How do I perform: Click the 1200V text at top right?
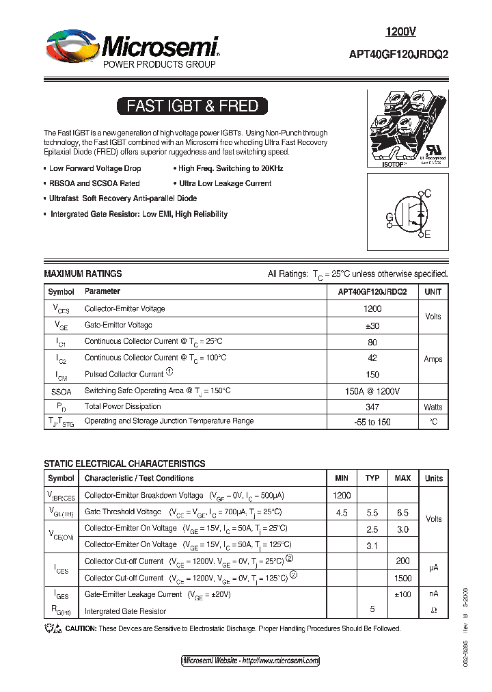pyautogui.click(x=400, y=31)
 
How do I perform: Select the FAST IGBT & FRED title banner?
pyautogui.click(x=192, y=106)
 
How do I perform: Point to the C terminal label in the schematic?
pyautogui.click(x=428, y=194)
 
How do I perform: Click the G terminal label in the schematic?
pyautogui.click(x=389, y=218)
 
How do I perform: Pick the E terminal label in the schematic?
pyautogui.click(x=428, y=235)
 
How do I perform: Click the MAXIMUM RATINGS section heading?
pyautogui.click(x=83, y=274)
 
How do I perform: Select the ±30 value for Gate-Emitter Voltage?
pyautogui.click(x=372, y=325)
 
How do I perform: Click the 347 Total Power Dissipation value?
pyautogui.click(x=372, y=406)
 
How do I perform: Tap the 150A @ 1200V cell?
pyautogui.click(x=372, y=390)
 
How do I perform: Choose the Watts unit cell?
pyautogui.click(x=433, y=407)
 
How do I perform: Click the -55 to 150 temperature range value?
pyautogui.click(x=372, y=422)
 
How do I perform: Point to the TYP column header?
pyautogui.click(x=372, y=478)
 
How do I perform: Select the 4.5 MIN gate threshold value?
pyautogui.click(x=342, y=512)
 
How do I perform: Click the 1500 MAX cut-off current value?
pyautogui.click(x=402, y=578)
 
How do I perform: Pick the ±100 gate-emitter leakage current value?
pyautogui.click(x=402, y=594)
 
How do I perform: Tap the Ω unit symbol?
pyautogui.click(x=433, y=610)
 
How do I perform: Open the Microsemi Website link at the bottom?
pyautogui.click(x=250, y=661)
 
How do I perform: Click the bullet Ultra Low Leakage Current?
pyautogui.click(x=225, y=183)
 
